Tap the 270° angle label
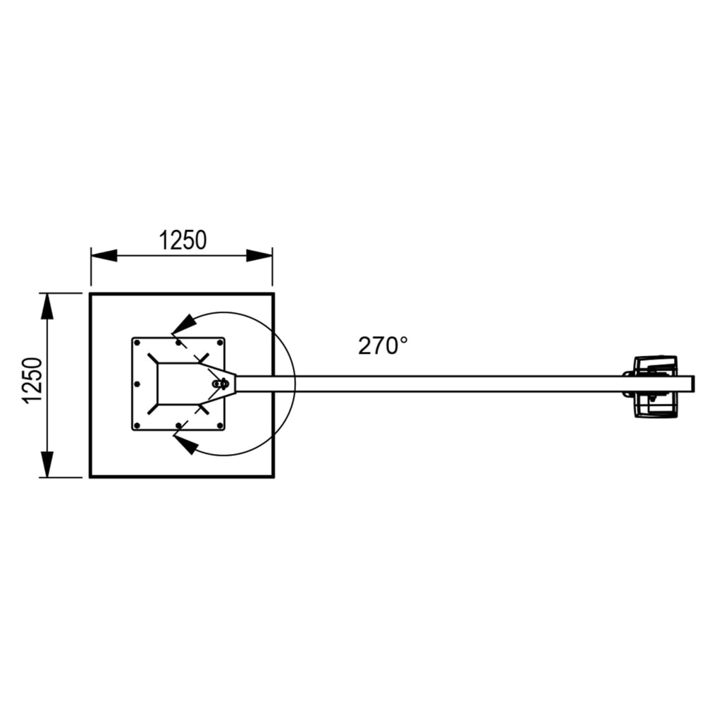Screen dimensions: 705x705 pyautogui.click(x=383, y=345)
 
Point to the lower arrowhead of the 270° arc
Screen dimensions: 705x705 pyautogui.click(x=185, y=443)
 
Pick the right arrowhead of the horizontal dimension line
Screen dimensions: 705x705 pyautogui.click(x=259, y=256)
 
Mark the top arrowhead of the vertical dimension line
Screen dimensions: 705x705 pyautogui.click(x=47, y=307)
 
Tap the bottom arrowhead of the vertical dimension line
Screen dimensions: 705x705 pyautogui.click(x=47, y=463)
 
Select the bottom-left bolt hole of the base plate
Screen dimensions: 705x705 pyautogui.click(x=138, y=424)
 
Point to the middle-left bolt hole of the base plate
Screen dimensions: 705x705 pyautogui.click(x=138, y=384)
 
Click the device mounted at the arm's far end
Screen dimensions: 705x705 pyautogui.click(x=654, y=384)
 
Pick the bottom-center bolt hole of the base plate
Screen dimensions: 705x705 pyautogui.click(x=178, y=424)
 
